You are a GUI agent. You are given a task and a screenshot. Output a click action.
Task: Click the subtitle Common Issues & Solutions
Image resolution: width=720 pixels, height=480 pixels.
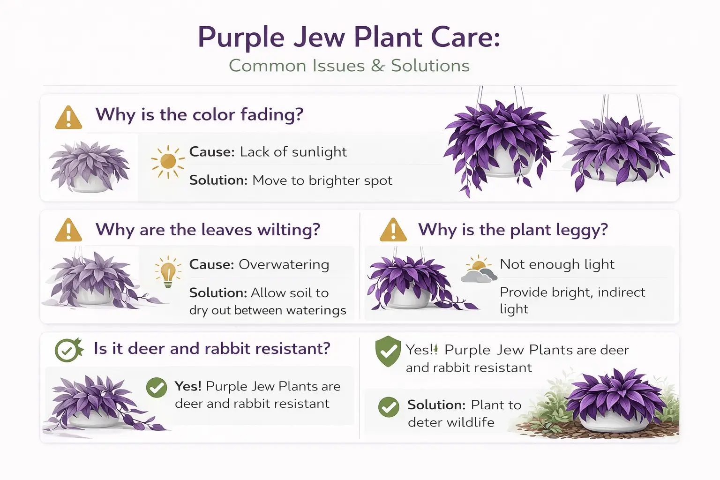point(349,66)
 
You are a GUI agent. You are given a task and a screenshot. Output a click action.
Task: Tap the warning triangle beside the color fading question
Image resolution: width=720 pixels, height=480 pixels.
point(68,117)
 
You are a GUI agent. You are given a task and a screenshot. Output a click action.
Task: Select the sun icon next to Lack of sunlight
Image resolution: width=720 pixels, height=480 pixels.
point(168,162)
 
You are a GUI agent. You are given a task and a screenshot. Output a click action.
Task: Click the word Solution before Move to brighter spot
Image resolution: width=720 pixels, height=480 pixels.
point(217,180)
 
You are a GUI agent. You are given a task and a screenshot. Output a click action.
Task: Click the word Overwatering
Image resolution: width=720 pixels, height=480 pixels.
point(284,265)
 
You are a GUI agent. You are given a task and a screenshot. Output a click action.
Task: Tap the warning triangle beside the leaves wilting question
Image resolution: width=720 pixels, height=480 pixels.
point(68,230)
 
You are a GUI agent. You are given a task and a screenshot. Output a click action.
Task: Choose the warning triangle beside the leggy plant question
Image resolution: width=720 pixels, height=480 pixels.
point(393,230)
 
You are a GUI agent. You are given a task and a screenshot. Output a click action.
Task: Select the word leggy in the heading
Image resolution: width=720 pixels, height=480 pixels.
point(582,230)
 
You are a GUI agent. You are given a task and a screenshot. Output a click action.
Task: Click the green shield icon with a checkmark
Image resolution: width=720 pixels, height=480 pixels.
point(388,351)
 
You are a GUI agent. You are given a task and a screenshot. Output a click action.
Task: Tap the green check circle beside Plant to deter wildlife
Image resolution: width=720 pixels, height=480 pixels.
point(389,407)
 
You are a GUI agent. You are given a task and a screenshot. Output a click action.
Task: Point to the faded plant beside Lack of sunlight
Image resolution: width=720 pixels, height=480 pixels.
point(89,166)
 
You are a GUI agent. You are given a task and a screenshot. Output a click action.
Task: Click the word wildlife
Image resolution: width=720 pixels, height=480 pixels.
point(471,422)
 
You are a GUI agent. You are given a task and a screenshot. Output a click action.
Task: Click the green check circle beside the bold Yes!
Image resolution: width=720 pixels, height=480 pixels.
point(157,388)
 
